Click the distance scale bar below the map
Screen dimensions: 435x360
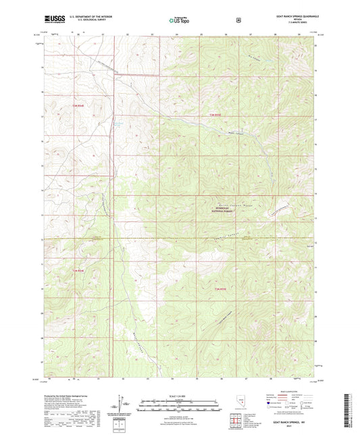coord(179,403)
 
